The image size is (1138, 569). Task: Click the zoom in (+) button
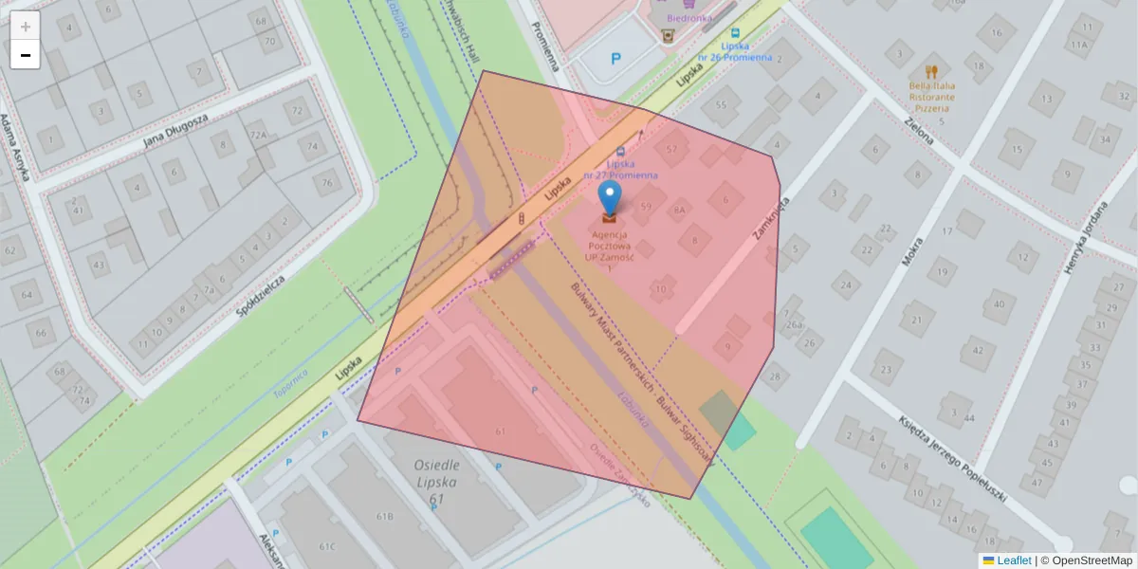(26, 27)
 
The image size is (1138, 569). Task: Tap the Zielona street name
(919, 126)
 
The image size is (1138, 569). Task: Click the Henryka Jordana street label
(1086, 239)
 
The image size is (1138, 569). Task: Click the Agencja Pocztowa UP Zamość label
(610, 246)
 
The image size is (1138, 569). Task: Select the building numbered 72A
(259, 135)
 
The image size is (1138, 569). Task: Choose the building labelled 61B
(384, 516)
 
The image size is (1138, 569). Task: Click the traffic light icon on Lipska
(523, 220)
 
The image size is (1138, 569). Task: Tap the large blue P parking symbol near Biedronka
(615, 59)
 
